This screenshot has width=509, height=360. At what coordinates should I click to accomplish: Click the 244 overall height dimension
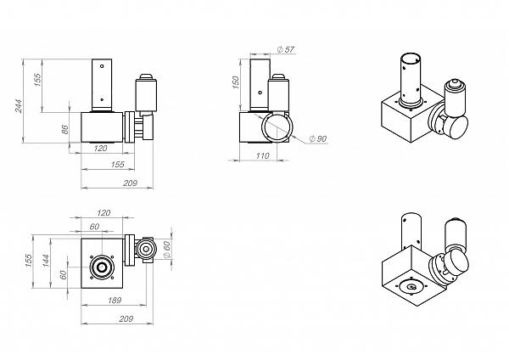pos(19,106)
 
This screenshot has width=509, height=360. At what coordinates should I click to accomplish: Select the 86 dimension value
pos(65,129)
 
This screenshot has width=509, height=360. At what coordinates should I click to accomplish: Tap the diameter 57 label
pos(286,49)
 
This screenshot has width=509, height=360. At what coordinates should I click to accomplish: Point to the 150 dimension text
pos(236,82)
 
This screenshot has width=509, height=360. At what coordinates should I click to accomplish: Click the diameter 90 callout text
pos(318,138)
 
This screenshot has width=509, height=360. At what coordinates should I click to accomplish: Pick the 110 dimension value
pos(262,156)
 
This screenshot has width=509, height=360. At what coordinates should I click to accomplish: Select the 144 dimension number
pos(46,261)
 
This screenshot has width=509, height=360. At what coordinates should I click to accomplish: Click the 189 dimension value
pos(115,301)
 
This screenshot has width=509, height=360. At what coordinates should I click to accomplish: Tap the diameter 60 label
pos(166,250)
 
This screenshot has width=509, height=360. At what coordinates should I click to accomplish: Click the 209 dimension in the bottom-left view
pos(126,319)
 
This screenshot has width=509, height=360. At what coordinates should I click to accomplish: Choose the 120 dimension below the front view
pos(100,149)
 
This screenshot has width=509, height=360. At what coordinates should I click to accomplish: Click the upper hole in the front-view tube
pos(102,66)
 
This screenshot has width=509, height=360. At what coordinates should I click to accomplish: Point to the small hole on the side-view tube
pos(260,93)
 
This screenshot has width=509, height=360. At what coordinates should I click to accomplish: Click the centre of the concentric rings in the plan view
pos(102,267)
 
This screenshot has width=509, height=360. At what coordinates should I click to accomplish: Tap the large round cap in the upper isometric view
pos(456,127)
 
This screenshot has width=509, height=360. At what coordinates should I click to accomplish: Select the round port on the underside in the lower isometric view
pos(411,287)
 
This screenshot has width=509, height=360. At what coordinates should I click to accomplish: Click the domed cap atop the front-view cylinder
pos(146,76)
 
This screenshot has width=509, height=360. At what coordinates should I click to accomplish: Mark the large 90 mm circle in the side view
pos(277,127)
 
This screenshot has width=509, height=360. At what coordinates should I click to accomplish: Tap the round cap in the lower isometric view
pos(457,262)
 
